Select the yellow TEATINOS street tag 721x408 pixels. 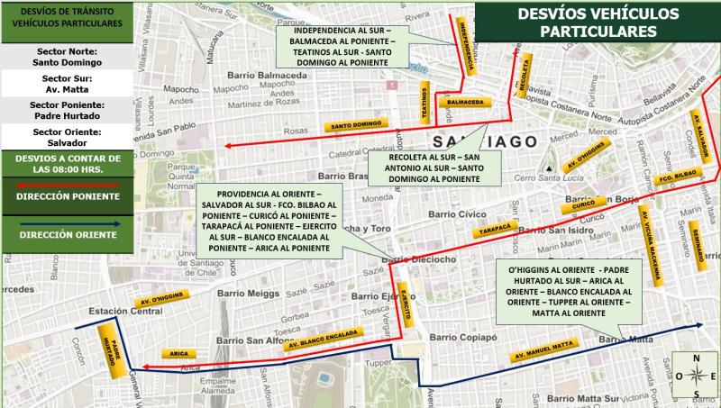423,103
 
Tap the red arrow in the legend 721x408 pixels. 69,185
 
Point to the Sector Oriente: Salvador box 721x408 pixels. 69,137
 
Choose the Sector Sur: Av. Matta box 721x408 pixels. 69,84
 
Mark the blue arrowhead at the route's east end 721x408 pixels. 698,326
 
